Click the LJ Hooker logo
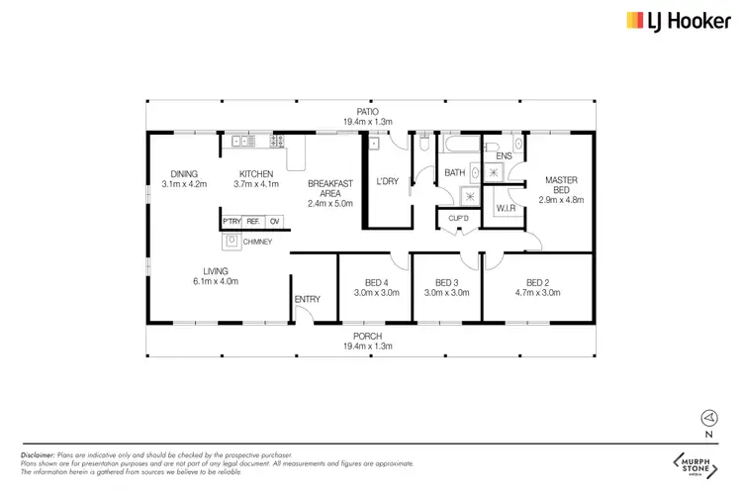670,20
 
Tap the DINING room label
184,173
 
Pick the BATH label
454,173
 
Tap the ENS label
503,155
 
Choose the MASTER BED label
561,185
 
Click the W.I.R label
504,208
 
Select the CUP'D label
457,217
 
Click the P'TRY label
232,221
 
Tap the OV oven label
274,221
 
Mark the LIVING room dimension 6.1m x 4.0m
217,281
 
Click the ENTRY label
306,298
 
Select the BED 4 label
375,282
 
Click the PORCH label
368,337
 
